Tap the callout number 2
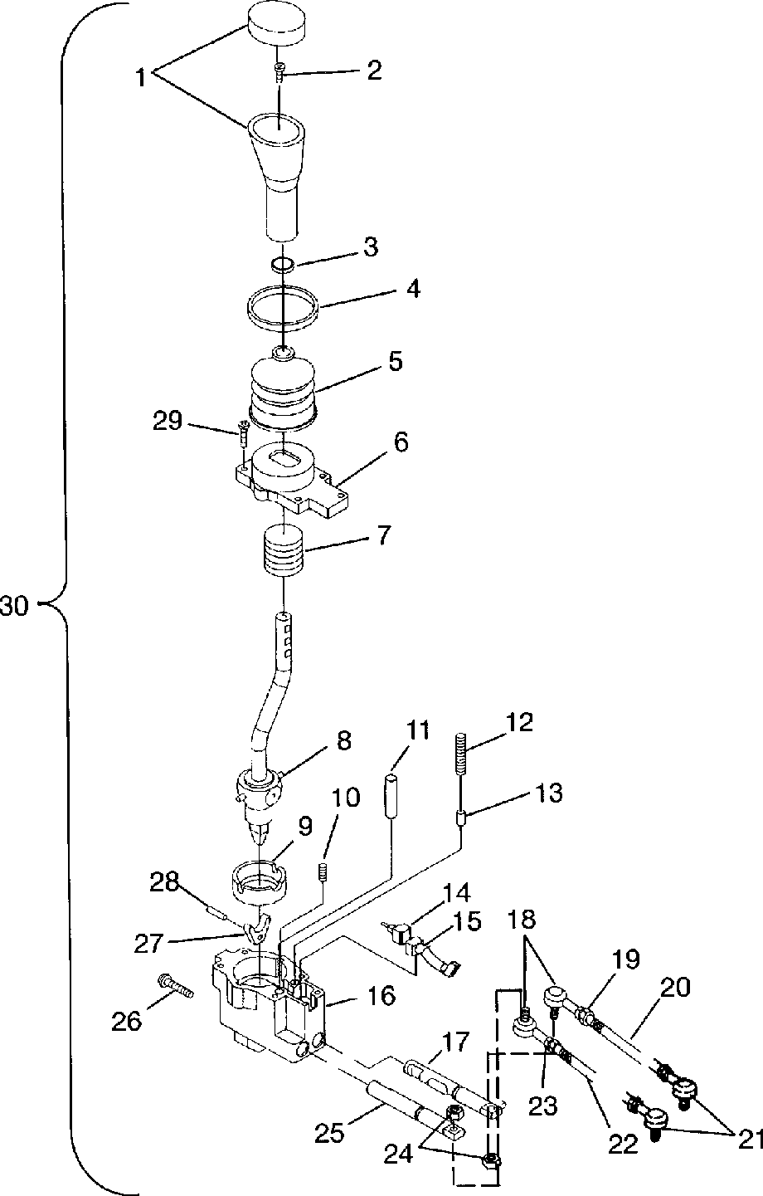[374, 70]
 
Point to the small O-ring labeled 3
[283, 264]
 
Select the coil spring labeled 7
[284, 551]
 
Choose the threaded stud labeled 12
[461, 751]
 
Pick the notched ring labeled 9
[258, 882]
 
